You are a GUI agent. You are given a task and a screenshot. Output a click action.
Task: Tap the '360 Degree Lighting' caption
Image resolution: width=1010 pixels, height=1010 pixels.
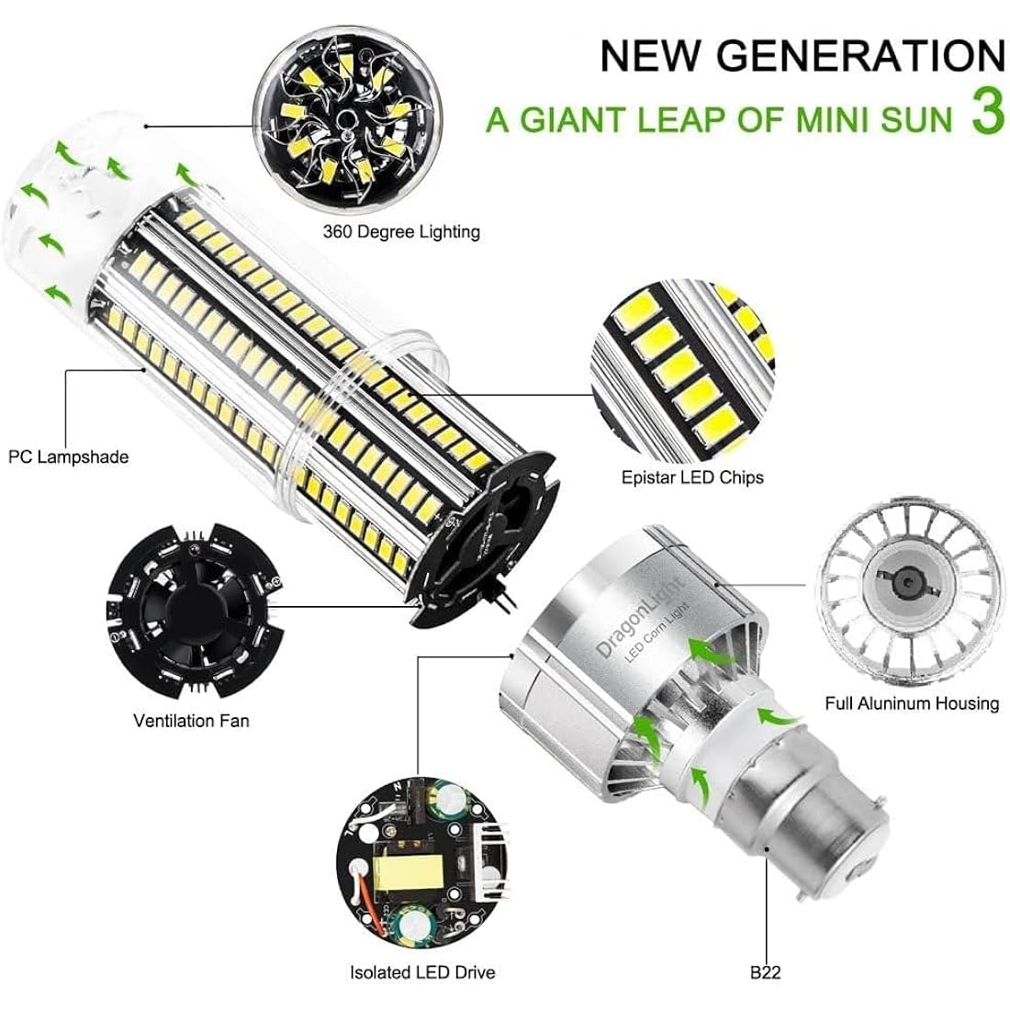coord(401,232)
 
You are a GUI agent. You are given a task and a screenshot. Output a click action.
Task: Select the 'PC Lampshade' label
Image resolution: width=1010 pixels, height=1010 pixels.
coord(68,456)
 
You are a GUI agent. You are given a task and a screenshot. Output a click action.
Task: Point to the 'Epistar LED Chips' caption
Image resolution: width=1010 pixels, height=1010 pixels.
coord(692,477)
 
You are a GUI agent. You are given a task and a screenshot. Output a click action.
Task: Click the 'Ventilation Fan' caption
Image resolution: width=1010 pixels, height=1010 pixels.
coord(191,720)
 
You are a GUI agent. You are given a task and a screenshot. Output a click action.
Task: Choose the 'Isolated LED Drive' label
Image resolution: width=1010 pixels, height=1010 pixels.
coord(422,971)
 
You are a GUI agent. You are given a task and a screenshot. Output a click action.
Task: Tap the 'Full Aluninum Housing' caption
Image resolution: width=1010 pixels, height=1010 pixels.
coord(912,702)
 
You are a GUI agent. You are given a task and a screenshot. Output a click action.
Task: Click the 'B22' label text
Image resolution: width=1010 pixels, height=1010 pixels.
coord(765,971)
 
